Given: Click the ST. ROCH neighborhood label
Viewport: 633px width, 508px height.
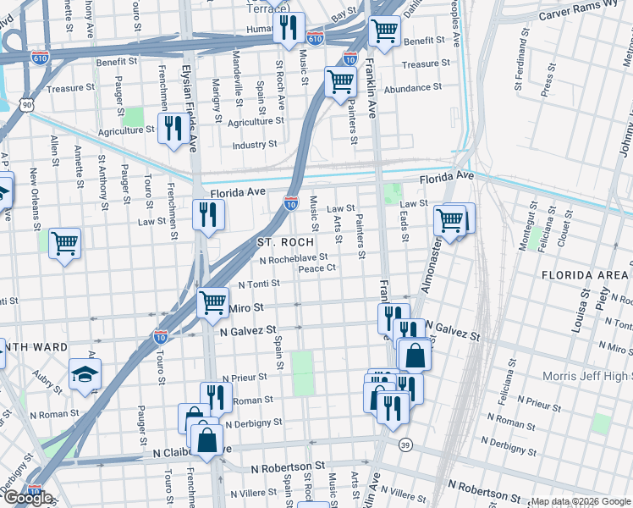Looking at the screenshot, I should pos(285,243).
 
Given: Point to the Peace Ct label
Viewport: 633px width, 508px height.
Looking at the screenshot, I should pos(317,268).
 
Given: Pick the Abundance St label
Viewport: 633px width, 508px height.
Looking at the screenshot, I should pos(412,87).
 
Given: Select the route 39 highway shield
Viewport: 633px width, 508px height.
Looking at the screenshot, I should pos(406,446).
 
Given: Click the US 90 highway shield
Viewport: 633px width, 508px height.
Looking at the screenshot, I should pos(27,104).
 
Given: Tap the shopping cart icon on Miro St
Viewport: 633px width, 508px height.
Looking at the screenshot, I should pos(212,301).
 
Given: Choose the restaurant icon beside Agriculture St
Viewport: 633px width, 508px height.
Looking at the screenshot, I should pos(171,128).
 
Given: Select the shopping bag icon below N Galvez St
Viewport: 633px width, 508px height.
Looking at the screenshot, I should pos(416,355).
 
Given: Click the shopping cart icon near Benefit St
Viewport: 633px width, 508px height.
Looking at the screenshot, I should pos(385,30).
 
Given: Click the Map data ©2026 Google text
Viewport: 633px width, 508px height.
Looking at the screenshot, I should pos(580,501).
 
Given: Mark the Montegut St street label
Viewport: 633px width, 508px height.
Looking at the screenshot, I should pos(534,218).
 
